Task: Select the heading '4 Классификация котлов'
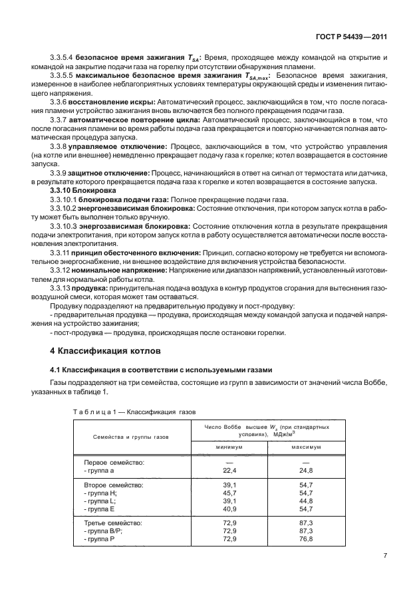click(102, 350)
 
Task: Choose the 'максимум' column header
click(307, 446)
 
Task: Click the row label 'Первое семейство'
click(114, 461)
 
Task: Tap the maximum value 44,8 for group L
click(307, 501)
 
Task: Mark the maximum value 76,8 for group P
click(307, 539)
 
